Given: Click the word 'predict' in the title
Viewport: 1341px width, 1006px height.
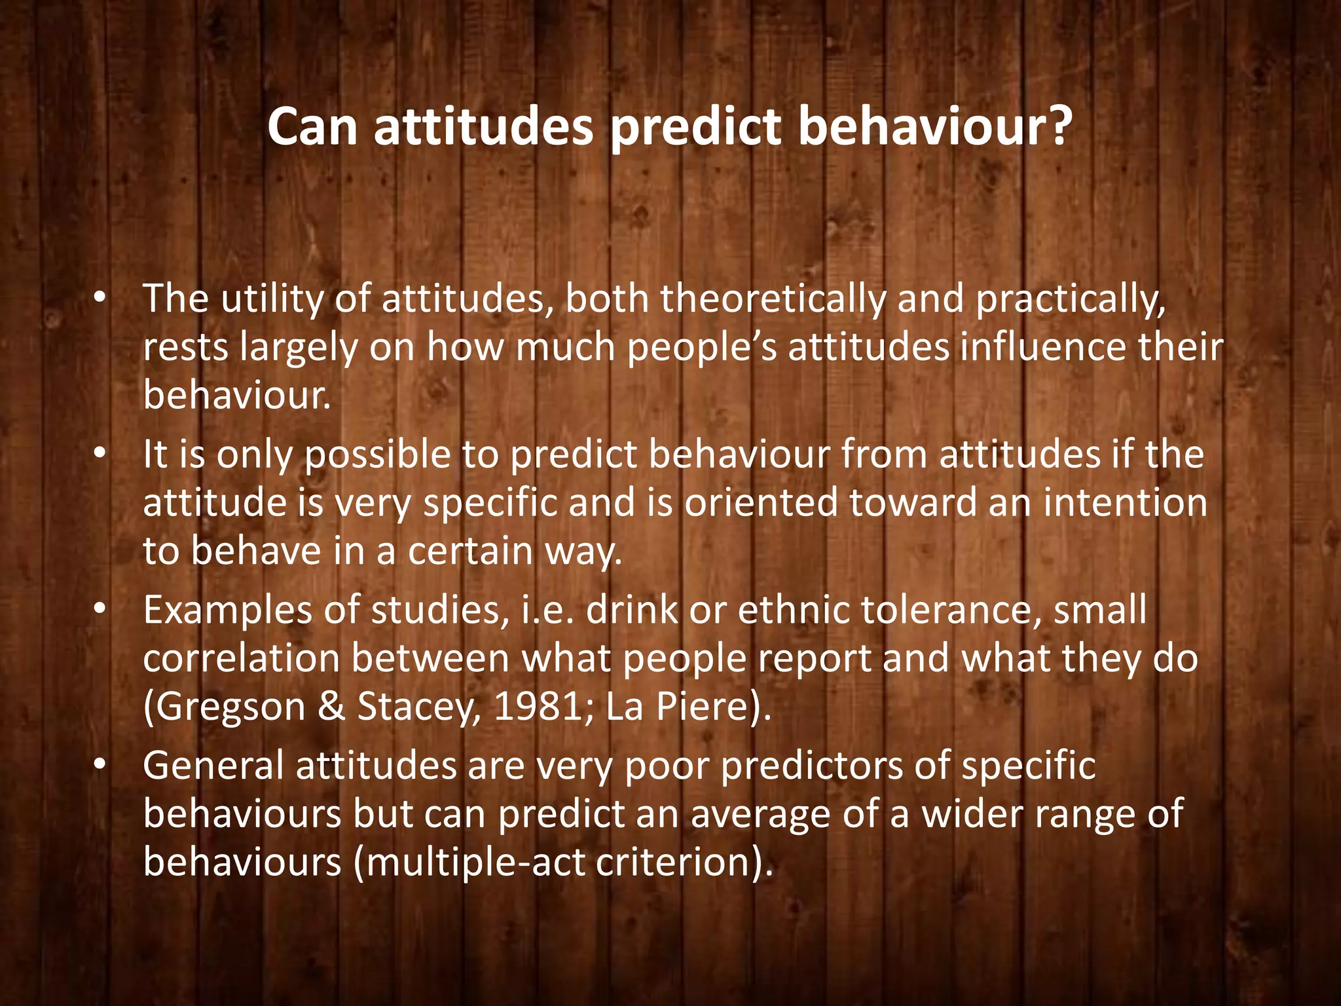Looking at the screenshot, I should coord(695,128).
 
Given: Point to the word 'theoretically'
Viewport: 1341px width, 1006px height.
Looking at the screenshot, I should coord(773,299).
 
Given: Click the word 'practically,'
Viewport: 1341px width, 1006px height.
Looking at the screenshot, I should coord(1071,301).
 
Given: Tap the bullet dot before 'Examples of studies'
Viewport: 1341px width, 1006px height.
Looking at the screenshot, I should coord(99,609).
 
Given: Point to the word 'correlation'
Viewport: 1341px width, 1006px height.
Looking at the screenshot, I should coord(241,658).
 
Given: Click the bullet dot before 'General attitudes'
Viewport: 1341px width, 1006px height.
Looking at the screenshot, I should coord(99,765).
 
